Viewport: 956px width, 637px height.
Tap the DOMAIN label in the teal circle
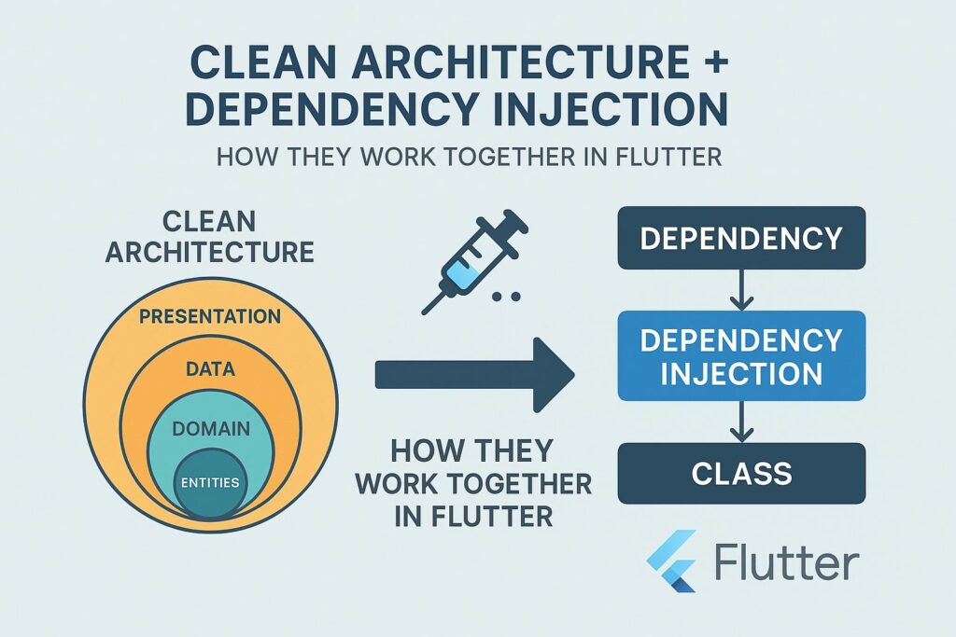coord(212,429)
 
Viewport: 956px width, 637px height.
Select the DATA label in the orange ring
coord(211,369)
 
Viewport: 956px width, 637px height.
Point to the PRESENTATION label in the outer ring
coord(210,316)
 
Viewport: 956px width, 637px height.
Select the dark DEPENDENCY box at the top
coord(741,238)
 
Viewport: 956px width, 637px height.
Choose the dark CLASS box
coord(741,473)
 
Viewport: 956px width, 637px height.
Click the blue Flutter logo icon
coord(672,561)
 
